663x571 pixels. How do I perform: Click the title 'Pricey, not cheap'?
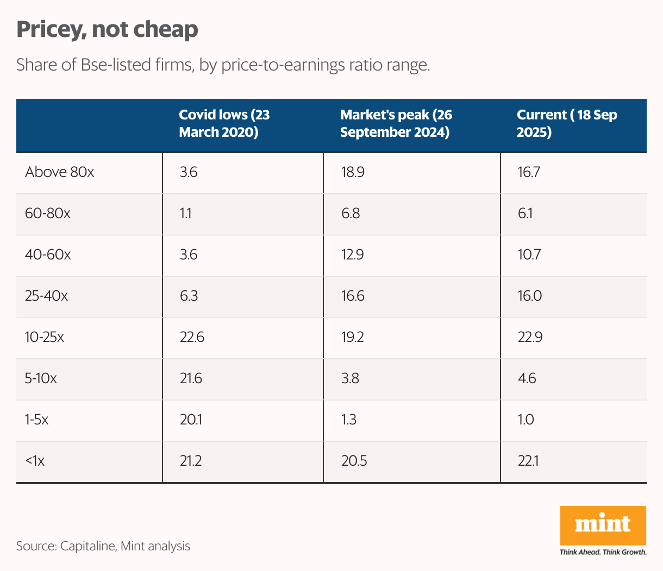point(107,29)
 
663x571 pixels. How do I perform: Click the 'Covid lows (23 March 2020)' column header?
point(224,124)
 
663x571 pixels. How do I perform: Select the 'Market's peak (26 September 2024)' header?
point(396,124)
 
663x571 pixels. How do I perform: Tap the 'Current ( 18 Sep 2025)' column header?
point(567,124)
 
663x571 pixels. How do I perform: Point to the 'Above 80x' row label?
point(60,173)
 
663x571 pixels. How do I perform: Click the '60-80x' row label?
point(48,214)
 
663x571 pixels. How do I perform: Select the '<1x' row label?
point(35,461)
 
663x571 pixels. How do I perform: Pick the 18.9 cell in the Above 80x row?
point(352,173)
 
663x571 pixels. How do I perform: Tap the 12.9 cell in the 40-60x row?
point(352,255)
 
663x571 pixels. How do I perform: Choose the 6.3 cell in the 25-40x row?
point(189,296)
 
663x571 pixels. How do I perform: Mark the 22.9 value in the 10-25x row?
point(529,338)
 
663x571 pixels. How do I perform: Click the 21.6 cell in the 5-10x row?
point(191,379)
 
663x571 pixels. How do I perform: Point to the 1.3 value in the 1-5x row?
point(349,420)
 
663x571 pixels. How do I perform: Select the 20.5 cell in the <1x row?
point(354,461)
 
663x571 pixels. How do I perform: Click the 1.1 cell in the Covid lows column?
point(185,214)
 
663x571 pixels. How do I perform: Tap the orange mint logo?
point(603,525)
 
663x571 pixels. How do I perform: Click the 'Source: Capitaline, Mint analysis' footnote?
point(103,546)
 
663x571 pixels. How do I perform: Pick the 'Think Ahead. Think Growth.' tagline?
point(603,552)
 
